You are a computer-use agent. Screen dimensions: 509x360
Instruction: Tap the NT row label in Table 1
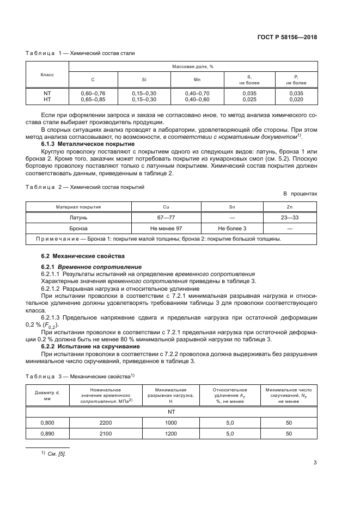tap(47, 94)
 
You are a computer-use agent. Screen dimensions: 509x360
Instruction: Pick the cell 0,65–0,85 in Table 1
tap(93, 100)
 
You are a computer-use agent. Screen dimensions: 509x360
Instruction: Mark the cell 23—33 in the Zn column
tap(289, 217)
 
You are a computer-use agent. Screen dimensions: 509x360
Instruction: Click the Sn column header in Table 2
tap(233, 207)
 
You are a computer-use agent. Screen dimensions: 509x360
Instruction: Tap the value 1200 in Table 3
tap(171, 433)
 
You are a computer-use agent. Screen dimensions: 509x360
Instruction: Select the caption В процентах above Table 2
tap(299, 194)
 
